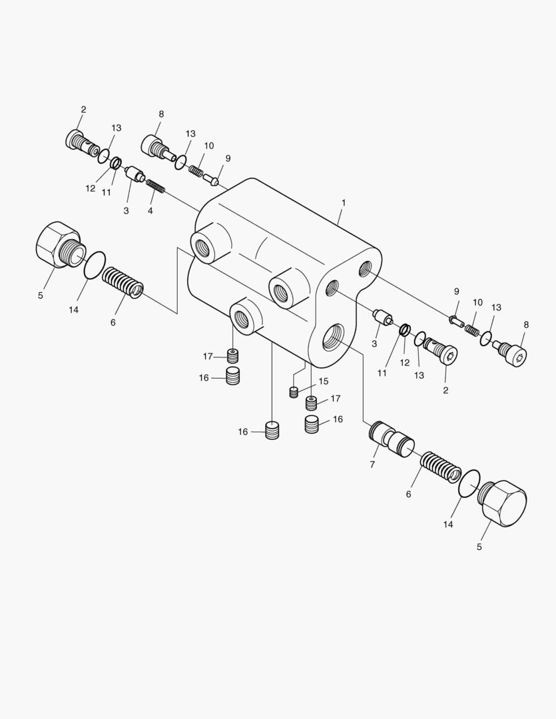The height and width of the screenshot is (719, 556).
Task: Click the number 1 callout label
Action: (344, 202)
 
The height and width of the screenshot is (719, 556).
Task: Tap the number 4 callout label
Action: (150, 211)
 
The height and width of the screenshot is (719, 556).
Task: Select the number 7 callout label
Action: (372, 465)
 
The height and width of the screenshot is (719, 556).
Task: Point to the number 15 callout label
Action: (324, 381)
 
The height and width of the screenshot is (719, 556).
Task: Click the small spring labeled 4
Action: (155, 186)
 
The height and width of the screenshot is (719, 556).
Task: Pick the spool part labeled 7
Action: (392, 440)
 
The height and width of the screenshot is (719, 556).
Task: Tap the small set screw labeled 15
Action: (294, 392)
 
